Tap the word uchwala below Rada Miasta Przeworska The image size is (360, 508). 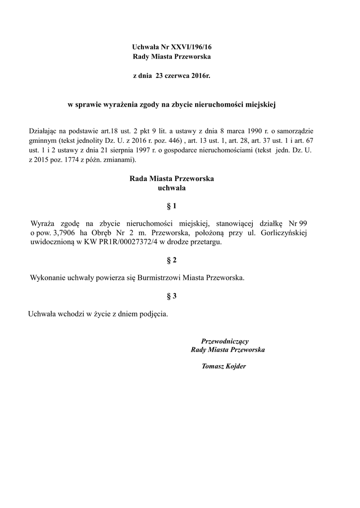pos(171,189)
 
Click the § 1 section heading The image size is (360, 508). pos(172,206)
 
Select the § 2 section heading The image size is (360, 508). pos(172,260)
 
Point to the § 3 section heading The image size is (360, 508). pos(172,296)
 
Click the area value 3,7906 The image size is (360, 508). pos(64,233)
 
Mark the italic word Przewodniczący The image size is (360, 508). pos(224,341)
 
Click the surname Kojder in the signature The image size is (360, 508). pos(236,367)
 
